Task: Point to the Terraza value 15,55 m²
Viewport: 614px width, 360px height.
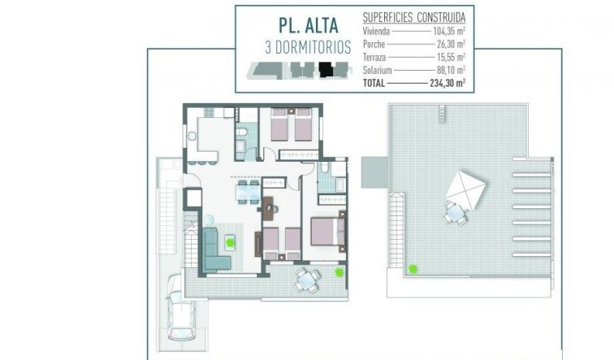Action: (449, 59)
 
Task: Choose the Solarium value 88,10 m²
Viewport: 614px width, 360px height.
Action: (449, 72)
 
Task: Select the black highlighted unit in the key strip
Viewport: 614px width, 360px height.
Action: (326, 71)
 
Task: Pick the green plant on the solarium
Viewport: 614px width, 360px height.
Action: (413, 268)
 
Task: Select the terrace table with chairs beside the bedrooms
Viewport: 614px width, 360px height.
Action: (306, 280)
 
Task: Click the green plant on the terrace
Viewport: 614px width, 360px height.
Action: (339, 275)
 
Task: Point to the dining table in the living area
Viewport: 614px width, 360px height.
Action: (244, 193)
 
